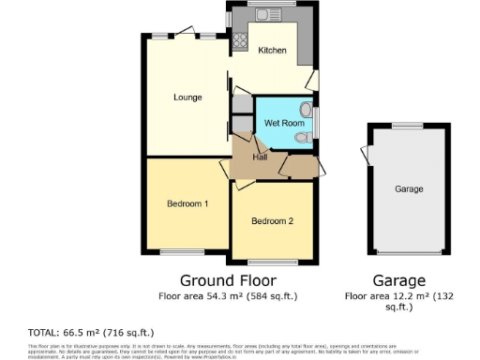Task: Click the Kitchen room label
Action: click(x=272, y=51)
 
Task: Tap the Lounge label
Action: click(x=188, y=97)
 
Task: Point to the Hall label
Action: click(x=260, y=157)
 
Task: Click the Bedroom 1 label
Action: click(x=187, y=203)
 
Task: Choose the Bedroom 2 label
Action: click(x=273, y=221)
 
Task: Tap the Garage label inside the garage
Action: click(x=409, y=189)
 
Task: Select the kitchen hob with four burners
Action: click(x=238, y=40)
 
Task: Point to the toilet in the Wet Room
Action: click(x=302, y=138)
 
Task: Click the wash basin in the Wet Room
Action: click(x=307, y=107)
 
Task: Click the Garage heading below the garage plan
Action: click(x=398, y=280)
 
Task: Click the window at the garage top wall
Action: click(x=407, y=126)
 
